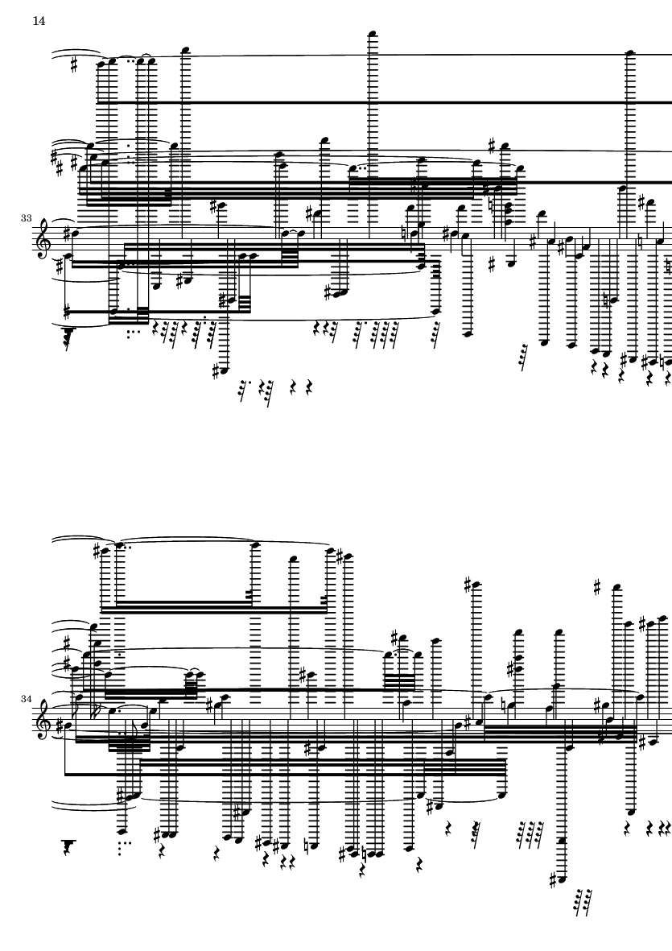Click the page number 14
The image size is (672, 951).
point(39,21)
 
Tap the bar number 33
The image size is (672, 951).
point(26,217)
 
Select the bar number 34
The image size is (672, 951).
point(26,699)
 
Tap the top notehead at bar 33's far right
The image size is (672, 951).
point(629,54)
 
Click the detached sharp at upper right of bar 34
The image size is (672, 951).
point(597,587)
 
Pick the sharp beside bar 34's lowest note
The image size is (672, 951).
point(553,879)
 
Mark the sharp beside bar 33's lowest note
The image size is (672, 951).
point(216,370)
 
